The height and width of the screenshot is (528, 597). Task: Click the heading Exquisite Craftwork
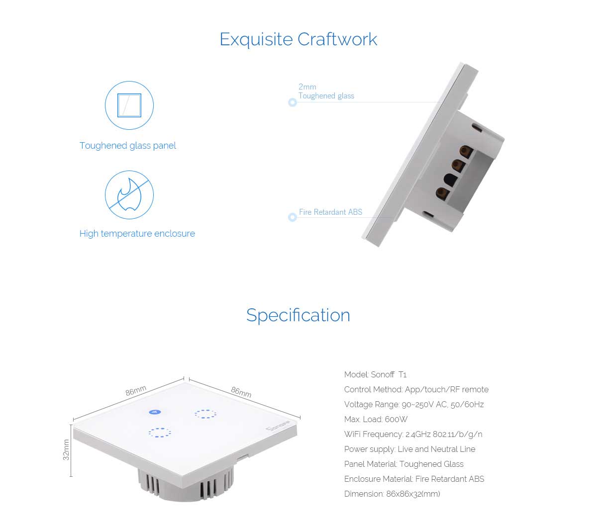(298, 39)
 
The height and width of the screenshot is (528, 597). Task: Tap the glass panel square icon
(129, 105)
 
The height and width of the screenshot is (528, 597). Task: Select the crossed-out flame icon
(129, 195)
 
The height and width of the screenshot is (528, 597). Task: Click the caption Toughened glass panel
(127, 146)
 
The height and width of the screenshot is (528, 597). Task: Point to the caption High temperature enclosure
(137, 234)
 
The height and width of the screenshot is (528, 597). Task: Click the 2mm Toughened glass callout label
(326, 91)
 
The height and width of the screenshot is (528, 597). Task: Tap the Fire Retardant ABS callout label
(330, 212)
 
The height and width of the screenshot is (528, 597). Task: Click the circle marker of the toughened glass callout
(293, 102)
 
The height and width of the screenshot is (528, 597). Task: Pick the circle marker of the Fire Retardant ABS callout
(293, 217)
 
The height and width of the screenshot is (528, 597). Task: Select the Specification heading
(298, 315)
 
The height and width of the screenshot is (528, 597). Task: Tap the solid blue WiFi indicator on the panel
(155, 412)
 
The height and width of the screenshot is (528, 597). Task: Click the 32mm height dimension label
(66, 449)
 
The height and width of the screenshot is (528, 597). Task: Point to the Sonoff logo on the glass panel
(278, 426)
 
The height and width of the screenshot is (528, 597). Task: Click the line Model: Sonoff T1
(375, 374)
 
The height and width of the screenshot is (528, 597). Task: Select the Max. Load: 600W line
(376, 419)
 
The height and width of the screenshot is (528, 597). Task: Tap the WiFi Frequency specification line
(413, 434)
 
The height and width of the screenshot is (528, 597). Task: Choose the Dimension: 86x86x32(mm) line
(392, 494)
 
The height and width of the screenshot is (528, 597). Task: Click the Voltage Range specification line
(414, 404)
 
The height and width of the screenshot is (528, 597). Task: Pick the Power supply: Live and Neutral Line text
(409, 449)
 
